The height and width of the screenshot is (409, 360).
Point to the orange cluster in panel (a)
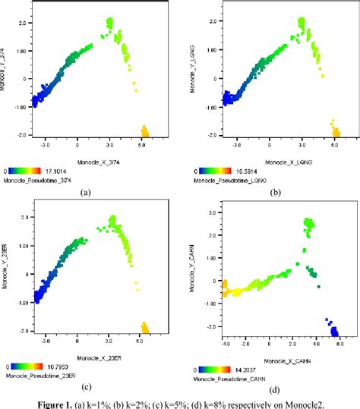tap(144, 133)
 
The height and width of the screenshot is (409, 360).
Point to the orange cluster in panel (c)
tap(145, 327)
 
